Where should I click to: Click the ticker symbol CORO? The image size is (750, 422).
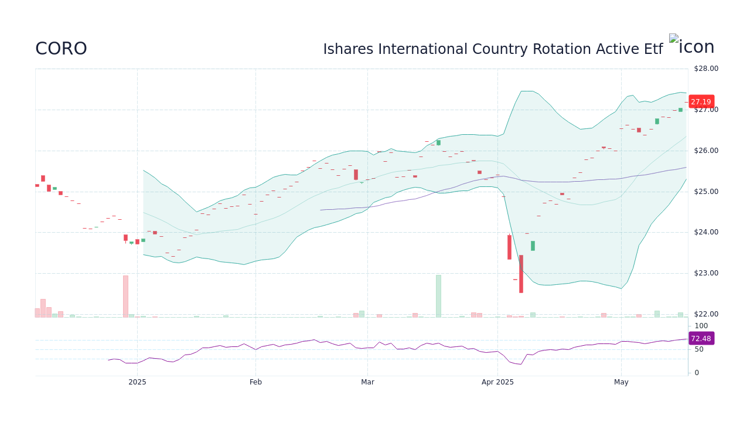point(61,49)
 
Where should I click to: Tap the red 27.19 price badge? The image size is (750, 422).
point(701,101)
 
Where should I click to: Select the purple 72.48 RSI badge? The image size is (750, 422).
point(701,339)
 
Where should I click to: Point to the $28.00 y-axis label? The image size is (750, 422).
point(705,69)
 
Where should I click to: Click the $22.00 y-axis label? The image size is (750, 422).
point(705,314)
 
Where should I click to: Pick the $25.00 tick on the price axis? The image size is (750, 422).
point(705,192)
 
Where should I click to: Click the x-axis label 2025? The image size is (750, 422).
point(137,382)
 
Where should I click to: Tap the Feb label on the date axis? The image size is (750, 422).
point(255,382)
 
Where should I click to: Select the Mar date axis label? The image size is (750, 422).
point(367,382)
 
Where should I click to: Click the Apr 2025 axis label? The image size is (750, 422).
point(497,382)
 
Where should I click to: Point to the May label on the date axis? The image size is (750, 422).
point(621,382)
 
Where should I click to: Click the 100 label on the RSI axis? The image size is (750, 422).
point(701,326)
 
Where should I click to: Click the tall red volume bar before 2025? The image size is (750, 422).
point(125,296)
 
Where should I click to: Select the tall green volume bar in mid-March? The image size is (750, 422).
point(438,296)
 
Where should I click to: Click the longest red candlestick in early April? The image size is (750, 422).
point(521,274)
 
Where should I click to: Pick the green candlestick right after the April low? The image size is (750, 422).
point(533,246)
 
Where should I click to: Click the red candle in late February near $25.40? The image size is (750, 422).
point(356,175)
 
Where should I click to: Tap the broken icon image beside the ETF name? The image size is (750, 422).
point(674,39)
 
